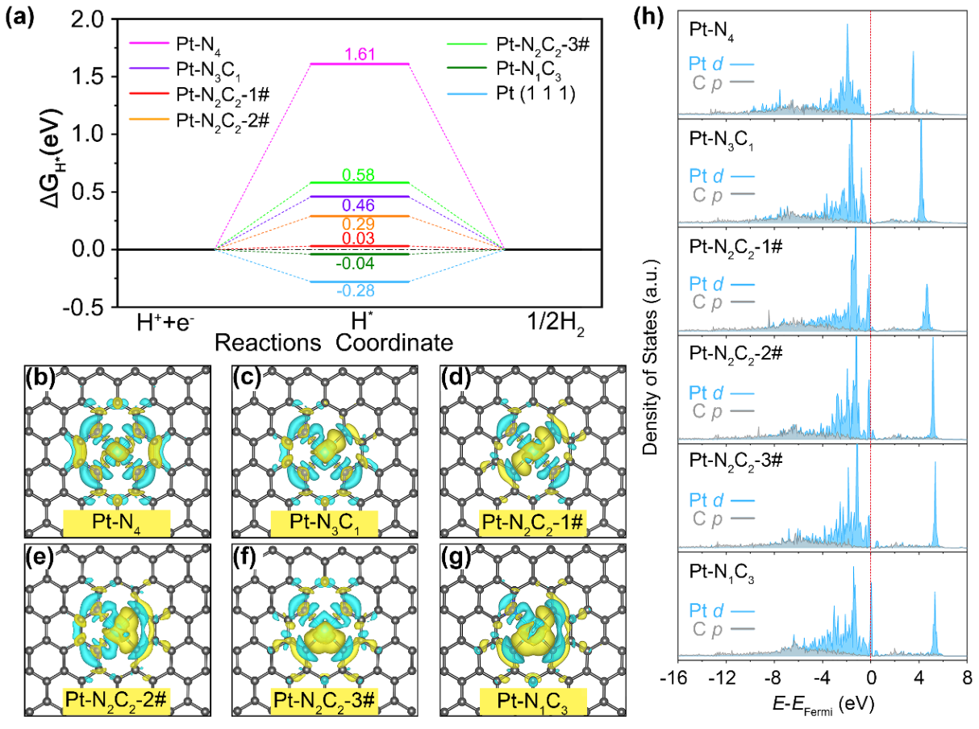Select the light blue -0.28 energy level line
click(x=360, y=281)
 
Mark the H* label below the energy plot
click(x=359, y=326)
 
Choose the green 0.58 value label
click(x=360, y=174)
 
